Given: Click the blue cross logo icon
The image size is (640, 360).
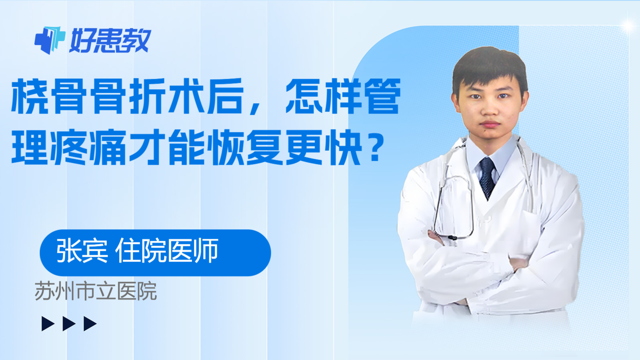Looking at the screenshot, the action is (x=50, y=40).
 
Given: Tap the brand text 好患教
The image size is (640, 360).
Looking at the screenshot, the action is (x=110, y=40).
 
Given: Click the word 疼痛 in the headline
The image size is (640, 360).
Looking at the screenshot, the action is (x=88, y=147).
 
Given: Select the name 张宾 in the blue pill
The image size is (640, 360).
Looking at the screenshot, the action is (x=82, y=250).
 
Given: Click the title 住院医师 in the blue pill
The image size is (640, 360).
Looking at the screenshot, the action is (x=167, y=250).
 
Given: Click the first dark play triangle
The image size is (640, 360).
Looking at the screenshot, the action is (x=48, y=324).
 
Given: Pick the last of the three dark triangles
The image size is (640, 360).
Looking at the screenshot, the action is (x=90, y=324).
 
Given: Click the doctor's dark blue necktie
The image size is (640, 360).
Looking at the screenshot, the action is (x=488, y=178).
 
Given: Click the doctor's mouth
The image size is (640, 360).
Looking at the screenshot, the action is (x=490, y=124).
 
